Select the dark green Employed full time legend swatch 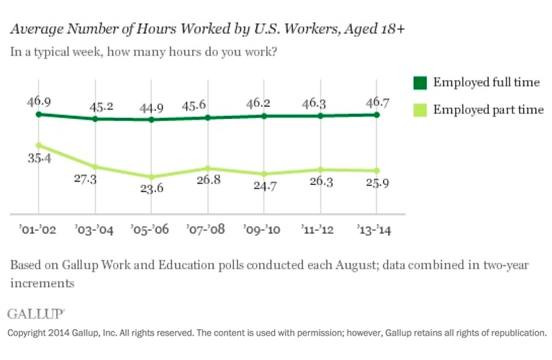click(x=419, y=82)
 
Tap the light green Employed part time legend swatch click(x=419, y=109)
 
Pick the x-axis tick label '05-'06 click(x=151, y=230)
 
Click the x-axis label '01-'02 click(x=38, y=230)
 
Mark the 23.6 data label click(x=151, y=190)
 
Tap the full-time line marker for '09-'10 click(x=264, y=115)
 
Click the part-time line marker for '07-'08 click(x=208, y=168)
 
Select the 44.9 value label click(x=151, y=108)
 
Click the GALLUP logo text click(x=36, y=314)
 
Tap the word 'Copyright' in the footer click(x=27, y=333)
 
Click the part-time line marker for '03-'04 click(x=95, y=167)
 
